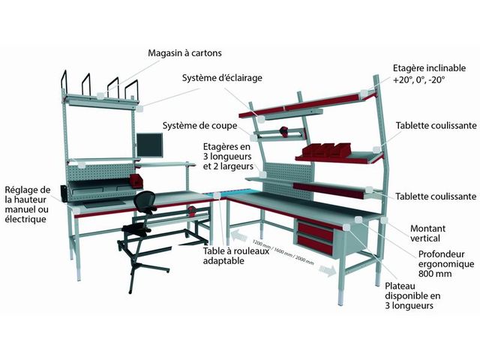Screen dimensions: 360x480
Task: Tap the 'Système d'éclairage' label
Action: (220, 77)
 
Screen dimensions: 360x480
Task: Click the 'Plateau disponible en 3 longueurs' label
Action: (412, 295)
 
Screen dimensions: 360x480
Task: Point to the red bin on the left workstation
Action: (135, 180)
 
